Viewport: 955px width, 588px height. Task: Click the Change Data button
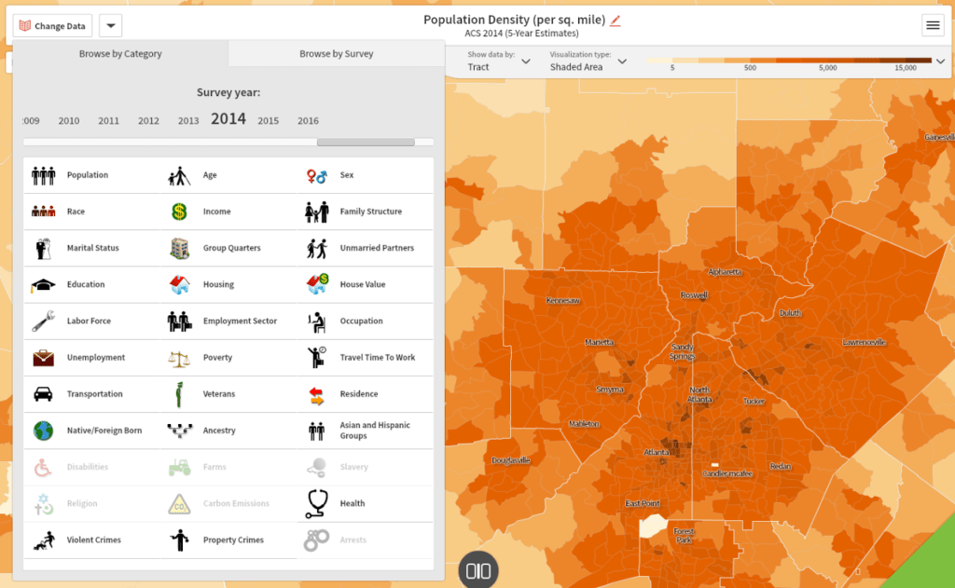[52, 26]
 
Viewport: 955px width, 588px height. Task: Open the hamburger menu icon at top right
[933, 26]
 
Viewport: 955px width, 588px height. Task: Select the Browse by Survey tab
[336, 54]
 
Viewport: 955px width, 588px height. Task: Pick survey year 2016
[308, 121]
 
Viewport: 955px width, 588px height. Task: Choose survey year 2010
[69, 121]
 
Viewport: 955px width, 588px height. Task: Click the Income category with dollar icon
[179, 212]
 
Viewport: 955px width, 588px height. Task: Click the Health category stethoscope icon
[317, 503]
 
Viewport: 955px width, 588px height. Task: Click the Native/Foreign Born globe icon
[43, 431]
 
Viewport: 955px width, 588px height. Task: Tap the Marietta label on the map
[599, 342]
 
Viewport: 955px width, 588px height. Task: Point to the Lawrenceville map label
[864, 342]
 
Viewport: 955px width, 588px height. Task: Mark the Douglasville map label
[510, 460]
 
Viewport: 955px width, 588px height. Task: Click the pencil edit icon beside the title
[616, 21]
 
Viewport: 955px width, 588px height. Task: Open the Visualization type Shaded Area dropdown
[588, 62]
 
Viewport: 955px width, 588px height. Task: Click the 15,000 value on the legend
[905, 68]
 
